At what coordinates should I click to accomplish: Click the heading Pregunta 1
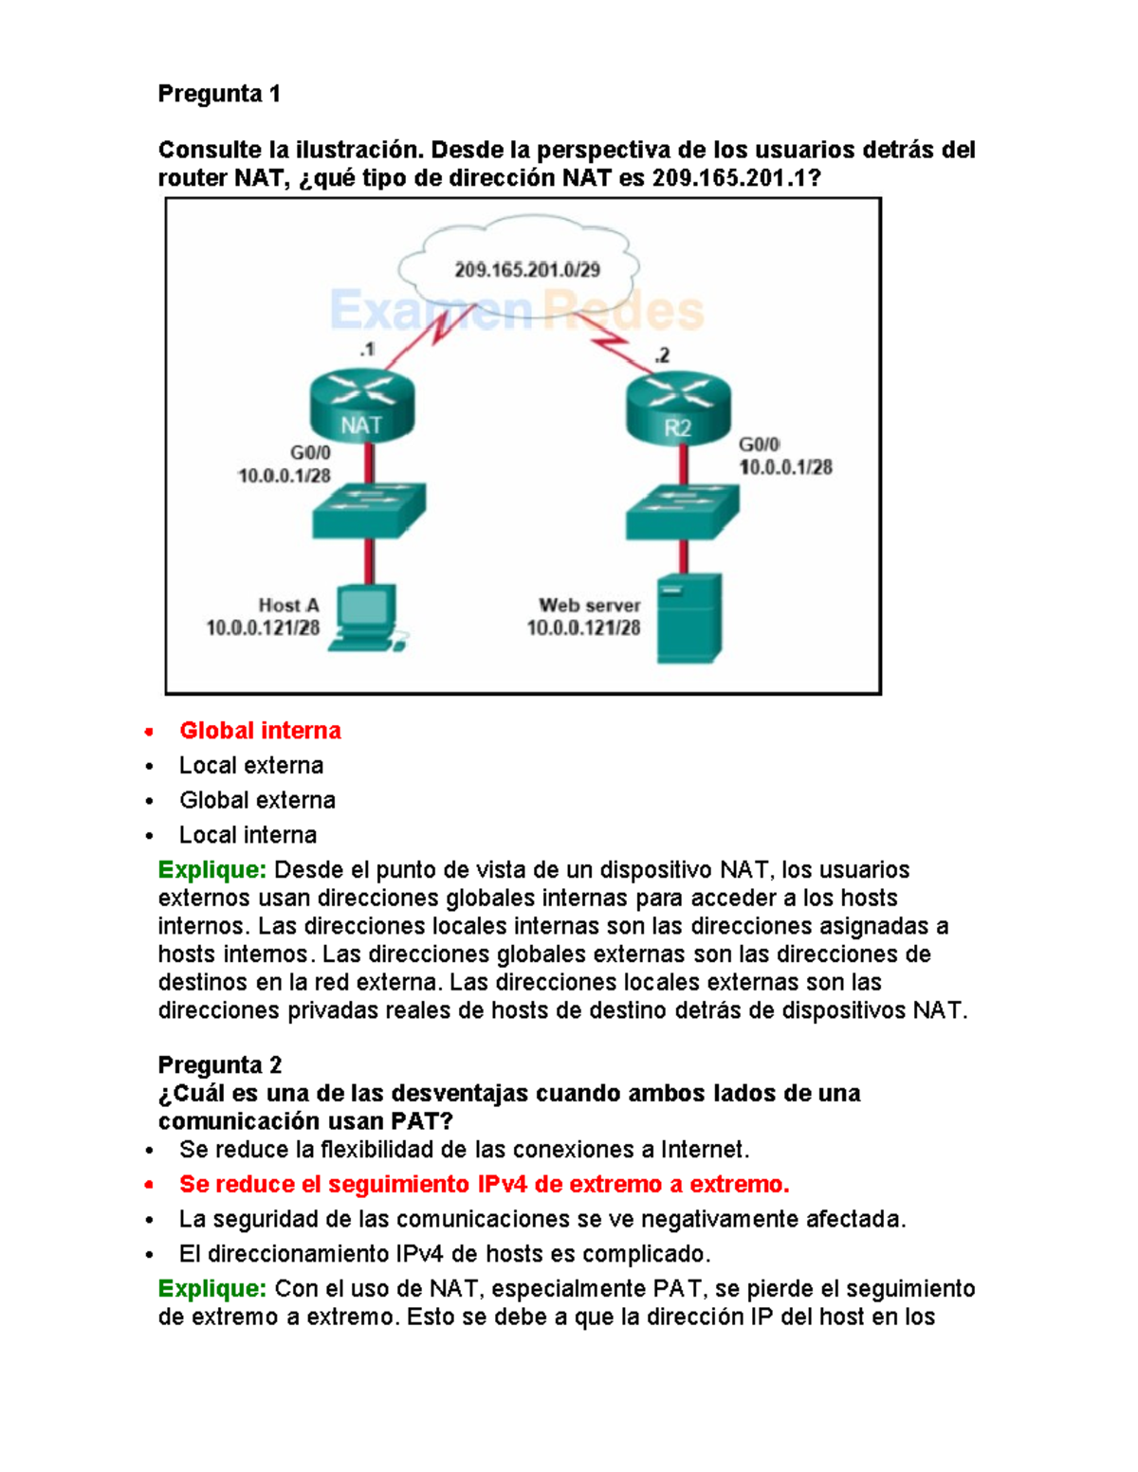pos(219,94)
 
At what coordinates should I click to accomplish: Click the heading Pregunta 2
pos(219,1064)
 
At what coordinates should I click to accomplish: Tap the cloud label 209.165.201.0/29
pos(527,270)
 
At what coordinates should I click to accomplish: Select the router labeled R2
pos(678,409)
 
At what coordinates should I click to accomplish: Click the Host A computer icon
pos(366,618)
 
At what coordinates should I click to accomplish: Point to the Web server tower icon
pos(689,618)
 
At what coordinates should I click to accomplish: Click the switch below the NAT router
pos(369,510)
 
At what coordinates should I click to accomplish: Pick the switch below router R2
pos(682,512)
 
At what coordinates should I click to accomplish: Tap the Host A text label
pos(288,606)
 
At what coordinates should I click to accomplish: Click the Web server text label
pos(589,606)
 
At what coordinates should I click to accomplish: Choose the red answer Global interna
pos(260,731)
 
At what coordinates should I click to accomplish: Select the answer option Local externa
pos(251,766)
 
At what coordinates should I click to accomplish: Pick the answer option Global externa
pos(257,801)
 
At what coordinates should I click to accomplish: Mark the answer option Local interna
pos(248,835)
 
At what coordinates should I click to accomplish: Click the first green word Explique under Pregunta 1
pos(212,870)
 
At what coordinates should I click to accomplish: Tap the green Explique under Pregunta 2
pos(212,1289)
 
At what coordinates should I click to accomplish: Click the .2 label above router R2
pos(661,355)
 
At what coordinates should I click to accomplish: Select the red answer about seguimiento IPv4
pos(484,1185)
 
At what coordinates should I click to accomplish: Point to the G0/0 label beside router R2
pos(759,445)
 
